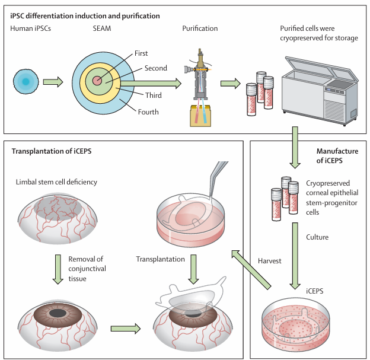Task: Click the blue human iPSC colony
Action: click(x=25, y=81)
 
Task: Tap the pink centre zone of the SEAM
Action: click(x=97, y=81)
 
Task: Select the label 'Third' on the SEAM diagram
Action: click(x=154, y=95)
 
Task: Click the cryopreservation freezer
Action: click(x=321, y=89)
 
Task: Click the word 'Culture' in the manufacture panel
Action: click(x=318, y=237)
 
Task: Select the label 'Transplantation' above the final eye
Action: click(x=160, y=259)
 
